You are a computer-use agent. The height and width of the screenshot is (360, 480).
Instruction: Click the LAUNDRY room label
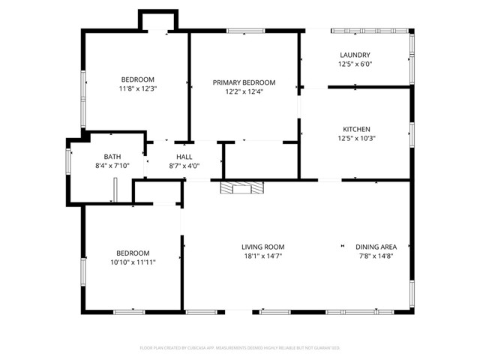pyautogui.click(x=355, y=55)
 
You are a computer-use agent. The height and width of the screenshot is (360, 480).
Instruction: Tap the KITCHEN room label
pyautogui.click(x=355, y=129)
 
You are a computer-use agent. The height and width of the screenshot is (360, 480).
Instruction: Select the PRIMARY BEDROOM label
pyautogui.click(x=244, y=82)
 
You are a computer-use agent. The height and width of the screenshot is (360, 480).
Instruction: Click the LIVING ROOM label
pyautogui.click(x=262, y=247)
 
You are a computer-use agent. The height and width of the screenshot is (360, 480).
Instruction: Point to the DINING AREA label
pyautogui.click(x=376, y=247)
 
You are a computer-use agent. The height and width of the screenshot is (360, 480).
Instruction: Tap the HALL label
pyautogui.click(x=184, y=156)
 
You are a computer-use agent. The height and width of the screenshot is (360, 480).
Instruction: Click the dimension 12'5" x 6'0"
pyautogui.click(x=355, y=64)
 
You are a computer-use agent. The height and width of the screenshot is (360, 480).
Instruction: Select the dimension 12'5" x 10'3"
pyautogui.click(x=355, y=138)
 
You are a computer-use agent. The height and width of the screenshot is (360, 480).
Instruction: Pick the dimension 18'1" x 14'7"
pyautogui.click(x=262, y=256)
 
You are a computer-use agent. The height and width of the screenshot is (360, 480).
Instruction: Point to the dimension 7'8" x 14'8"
pyautogui.click(x=376, y=256)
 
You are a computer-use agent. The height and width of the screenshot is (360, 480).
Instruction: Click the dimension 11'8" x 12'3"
pyautogui.click(x=138, y=88)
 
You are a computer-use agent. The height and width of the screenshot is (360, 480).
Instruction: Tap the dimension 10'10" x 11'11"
pyautogui.click(x=133, y=262)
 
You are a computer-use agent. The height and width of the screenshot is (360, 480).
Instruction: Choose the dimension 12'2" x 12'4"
pyautogui.click(x=244, y=91)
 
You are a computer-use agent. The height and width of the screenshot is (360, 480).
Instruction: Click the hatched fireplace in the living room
pyautogui.click(x=242, y=187)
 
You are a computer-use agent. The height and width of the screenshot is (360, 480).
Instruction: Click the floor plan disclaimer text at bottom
pyautogui.click(x=240, y=348)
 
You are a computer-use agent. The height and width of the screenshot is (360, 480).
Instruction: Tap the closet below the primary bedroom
pyautogui.click(x=262, y=160)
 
